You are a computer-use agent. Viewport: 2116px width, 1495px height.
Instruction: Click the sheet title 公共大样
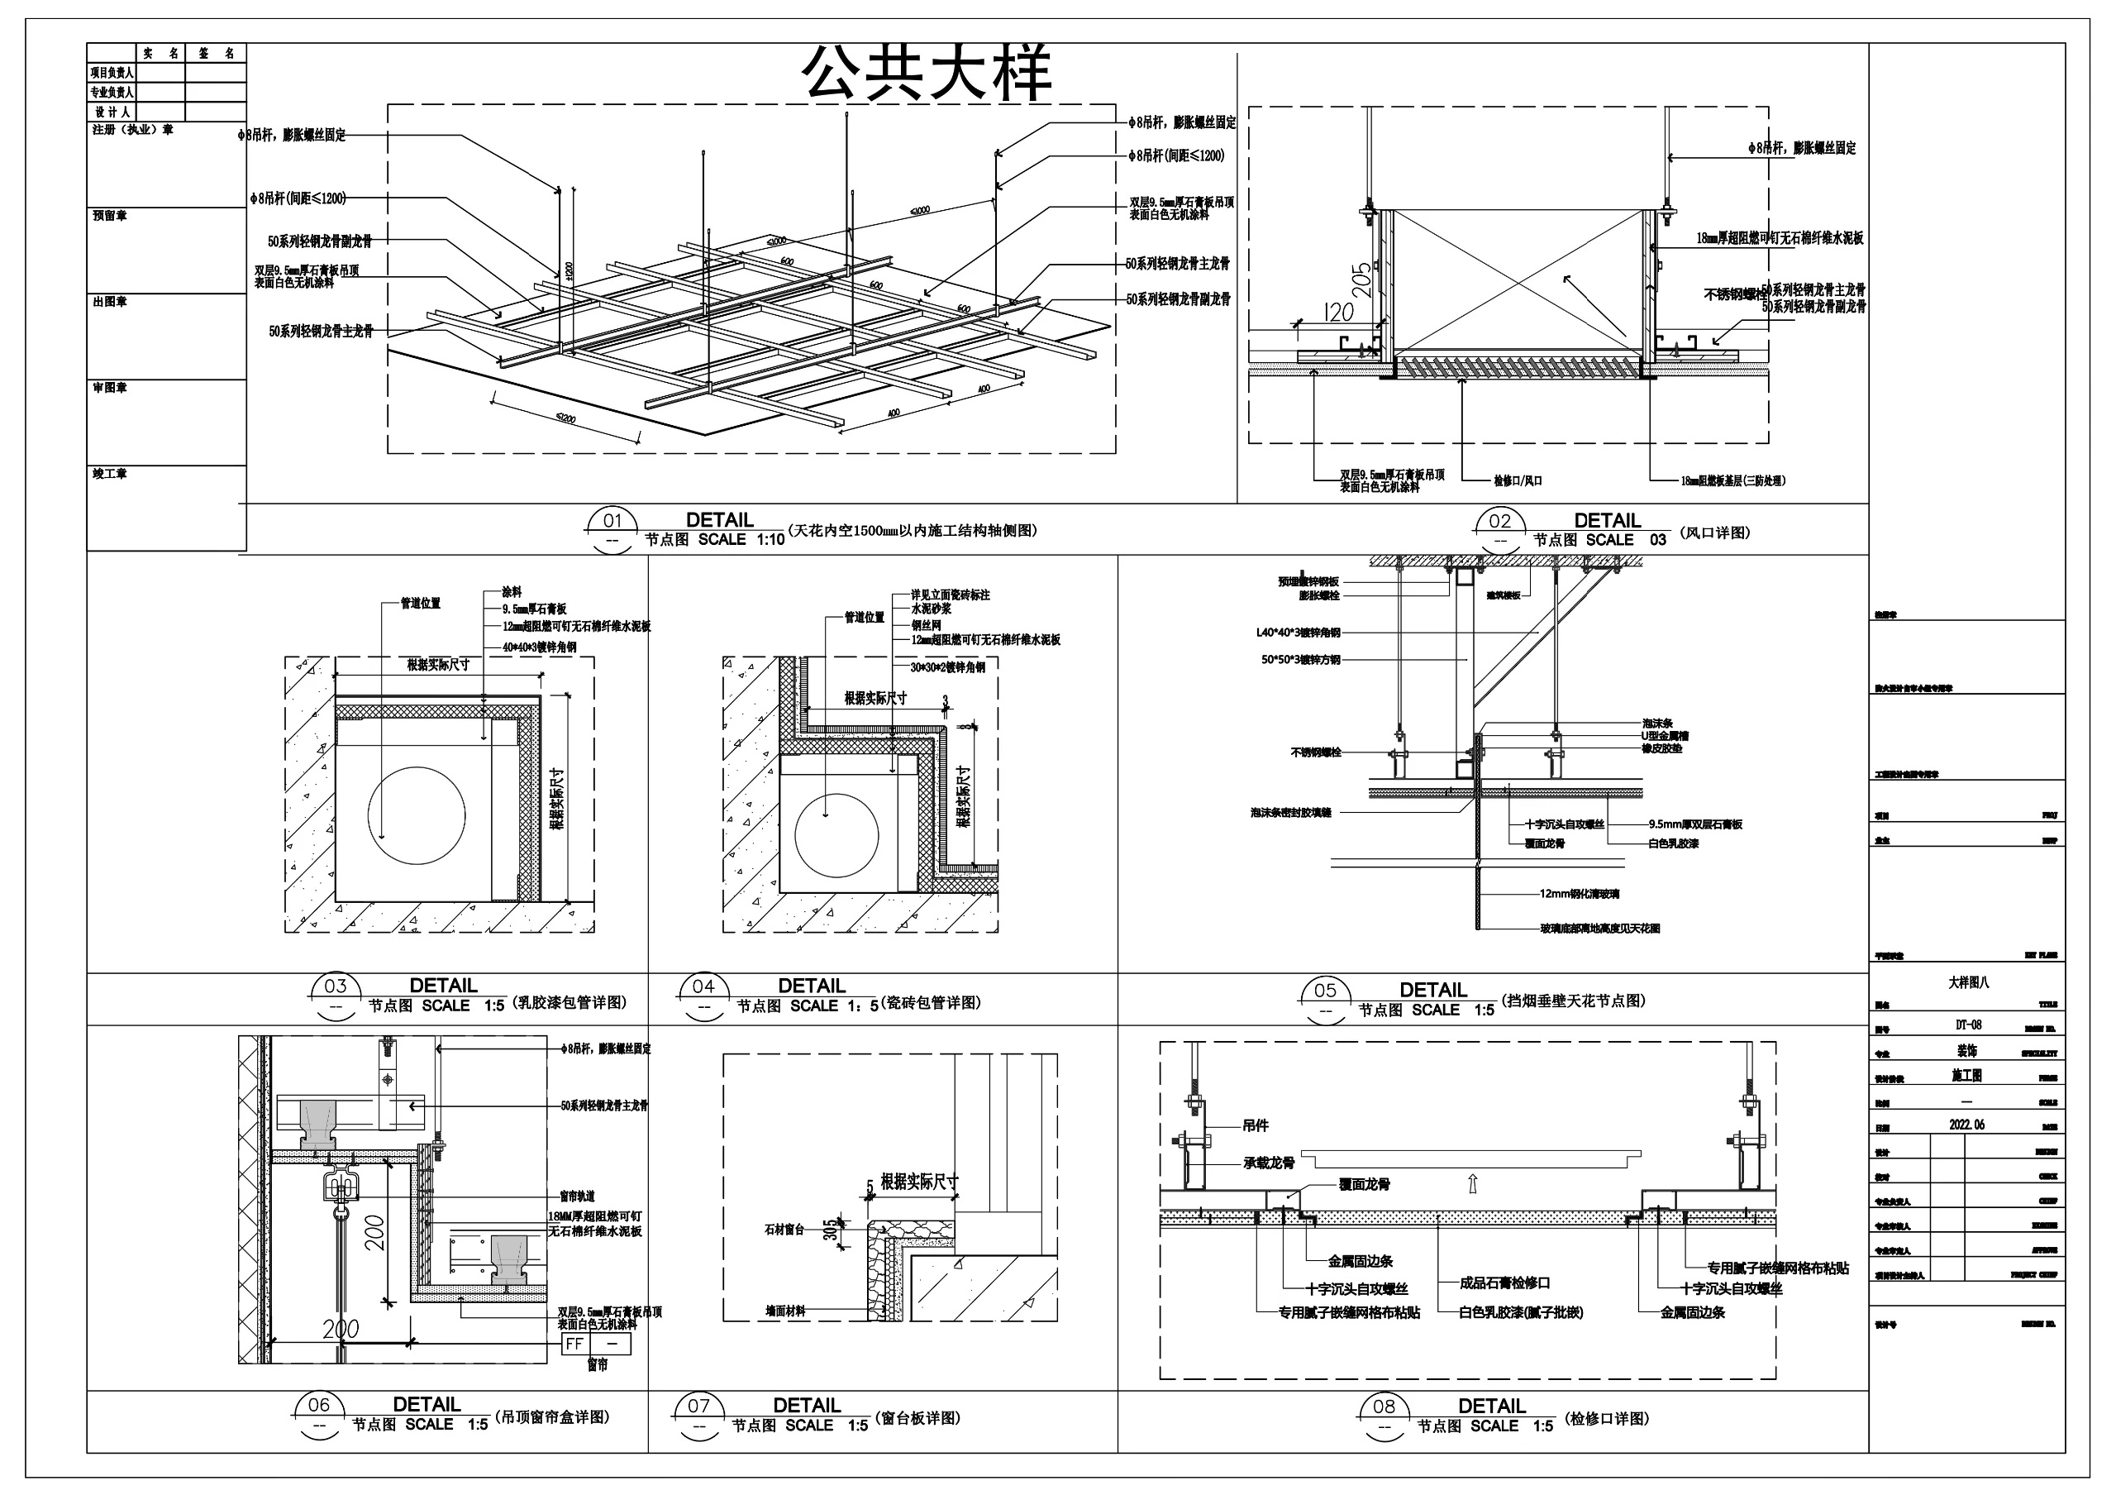pos(928,73)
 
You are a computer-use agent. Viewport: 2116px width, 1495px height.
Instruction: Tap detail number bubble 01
pos(612,521)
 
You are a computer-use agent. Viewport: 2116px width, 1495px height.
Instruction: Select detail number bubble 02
pos(1500,522)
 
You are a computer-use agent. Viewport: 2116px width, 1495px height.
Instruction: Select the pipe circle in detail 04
pos(836,836)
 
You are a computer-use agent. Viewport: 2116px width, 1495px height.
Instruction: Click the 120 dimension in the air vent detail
pos(1338,312)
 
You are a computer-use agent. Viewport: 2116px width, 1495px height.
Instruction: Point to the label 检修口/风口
pos(1518,480)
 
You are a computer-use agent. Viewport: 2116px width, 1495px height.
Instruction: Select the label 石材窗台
pos(784,1229)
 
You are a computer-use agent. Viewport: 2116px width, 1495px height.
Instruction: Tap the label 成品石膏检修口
pos(1505,1282)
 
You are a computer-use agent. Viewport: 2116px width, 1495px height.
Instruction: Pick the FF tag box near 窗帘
pos(574,1344)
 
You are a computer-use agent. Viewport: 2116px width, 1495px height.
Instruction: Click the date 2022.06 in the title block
pos(1966,1125)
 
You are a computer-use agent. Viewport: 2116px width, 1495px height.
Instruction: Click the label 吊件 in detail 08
pos(1256,1125)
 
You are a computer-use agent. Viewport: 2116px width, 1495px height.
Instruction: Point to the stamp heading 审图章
pos(110,388)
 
